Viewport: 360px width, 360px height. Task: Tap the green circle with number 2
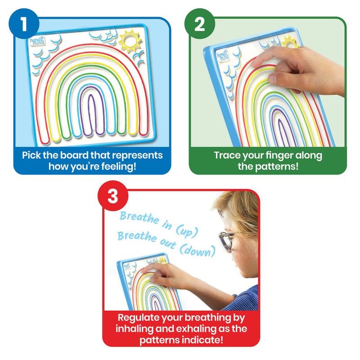click(199, 25)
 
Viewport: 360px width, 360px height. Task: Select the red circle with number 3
click(113, 197)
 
